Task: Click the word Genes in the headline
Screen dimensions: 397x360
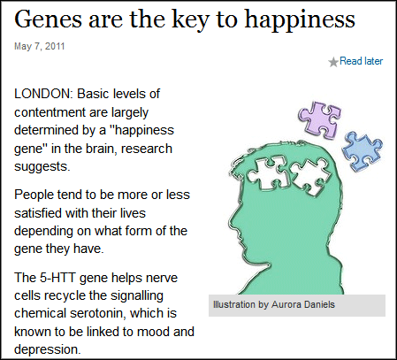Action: [48, 19]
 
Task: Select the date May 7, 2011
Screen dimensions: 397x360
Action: [40, 46]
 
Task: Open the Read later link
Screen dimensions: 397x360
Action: [361, 61]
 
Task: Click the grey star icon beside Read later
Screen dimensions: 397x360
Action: [333, 62]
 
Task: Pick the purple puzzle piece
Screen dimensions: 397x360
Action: [320, 119]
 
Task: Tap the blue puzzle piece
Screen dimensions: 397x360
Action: [363, 151]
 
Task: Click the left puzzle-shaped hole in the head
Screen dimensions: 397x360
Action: [268, 172]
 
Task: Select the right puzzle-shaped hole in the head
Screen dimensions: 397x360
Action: [310, 176]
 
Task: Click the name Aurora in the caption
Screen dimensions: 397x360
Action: [286, 304]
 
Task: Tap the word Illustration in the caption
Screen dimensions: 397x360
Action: [234, 304]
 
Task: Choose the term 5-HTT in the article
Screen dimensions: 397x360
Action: [57, 278]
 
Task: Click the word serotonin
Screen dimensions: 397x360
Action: [97, 313]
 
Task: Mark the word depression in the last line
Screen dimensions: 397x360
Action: [47, 349]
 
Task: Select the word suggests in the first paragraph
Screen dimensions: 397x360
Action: [42, 167]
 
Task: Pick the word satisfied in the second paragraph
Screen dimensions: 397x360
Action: [38, 213]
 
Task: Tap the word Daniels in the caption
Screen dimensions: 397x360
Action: [319, 304]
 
